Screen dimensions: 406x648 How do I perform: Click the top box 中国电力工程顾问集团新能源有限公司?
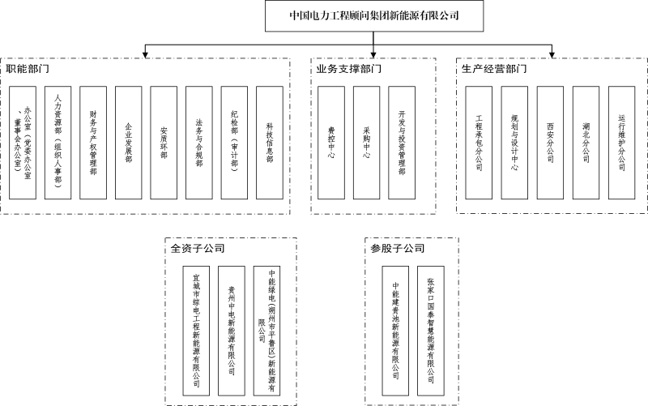(376, 15)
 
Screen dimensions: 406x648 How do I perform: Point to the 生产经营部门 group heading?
(494, 69)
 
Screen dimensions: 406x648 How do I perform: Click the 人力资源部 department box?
(58, 143)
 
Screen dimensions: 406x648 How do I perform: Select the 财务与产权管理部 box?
(93, 143)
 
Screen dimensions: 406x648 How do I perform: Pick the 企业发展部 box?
(129, 143)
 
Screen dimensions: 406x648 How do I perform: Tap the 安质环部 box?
(164, 143)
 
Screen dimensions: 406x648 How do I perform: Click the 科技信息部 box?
(270, 143)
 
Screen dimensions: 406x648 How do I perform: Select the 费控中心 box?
(331, 143)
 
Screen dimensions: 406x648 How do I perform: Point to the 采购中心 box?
(366, 143)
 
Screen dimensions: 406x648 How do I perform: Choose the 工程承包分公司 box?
(479, 143)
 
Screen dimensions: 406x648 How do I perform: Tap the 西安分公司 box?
(550, 143)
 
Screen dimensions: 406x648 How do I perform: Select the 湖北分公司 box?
(586, 143)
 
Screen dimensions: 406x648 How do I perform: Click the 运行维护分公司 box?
(621, 143)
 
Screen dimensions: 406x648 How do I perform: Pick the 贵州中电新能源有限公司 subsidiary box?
(232, 331)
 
